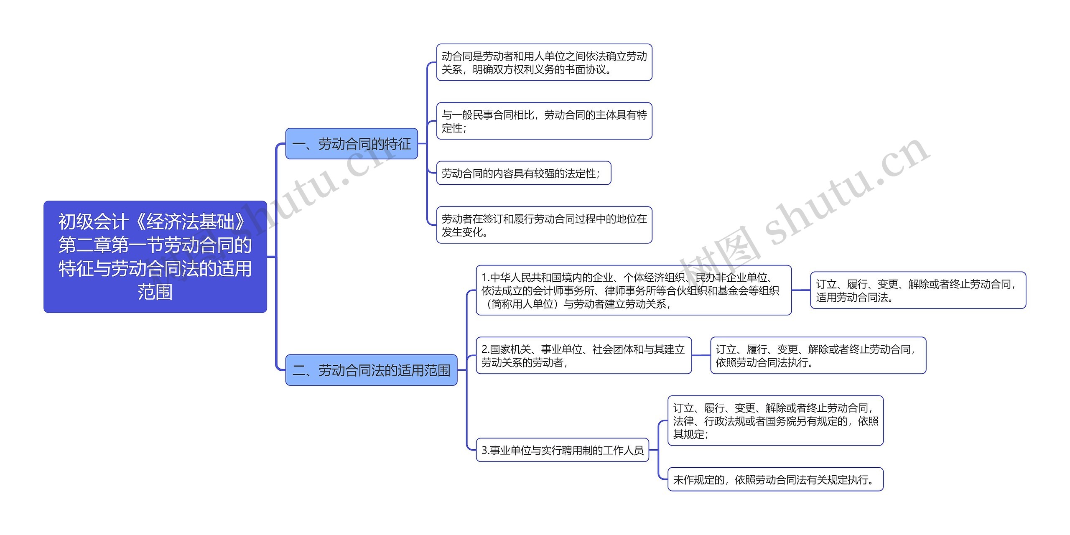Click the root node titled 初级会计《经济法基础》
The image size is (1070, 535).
tap(155, 256)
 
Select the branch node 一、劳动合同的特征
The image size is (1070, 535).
tap(352, 144)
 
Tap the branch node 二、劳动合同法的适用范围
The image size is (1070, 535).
tap(371, 370)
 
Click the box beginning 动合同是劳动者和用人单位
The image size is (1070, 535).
tap(544, 62)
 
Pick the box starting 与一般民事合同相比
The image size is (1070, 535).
tap(544, 121)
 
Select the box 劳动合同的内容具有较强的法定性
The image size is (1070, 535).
tap(523, 173)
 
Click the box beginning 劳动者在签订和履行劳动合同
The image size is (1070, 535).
tap(544, 225)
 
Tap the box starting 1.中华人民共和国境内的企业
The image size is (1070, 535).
tap(633, 290)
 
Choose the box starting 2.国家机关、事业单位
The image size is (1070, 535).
tap(583, 355)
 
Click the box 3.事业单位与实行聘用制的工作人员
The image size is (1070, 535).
tap(562, 450)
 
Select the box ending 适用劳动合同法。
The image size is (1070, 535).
tap(918, 290)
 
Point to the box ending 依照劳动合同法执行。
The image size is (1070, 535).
tap(818, 355)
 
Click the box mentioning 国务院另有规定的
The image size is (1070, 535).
tap(775, 420)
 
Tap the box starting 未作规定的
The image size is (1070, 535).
tap(775, 479)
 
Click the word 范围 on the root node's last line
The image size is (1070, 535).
tap(155, 292)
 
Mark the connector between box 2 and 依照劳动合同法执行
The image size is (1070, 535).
tap(701, 355)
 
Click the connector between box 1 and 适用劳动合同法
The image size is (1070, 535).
tap(801, 290)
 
